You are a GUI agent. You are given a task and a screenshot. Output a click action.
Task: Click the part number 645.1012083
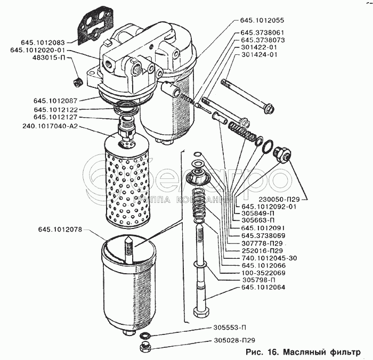pos(43,43)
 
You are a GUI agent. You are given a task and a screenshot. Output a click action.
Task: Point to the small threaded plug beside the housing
pos(77,82)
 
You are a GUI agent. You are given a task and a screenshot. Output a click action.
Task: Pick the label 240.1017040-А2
pos(50,126)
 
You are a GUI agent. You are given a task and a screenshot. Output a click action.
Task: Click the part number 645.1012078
pos(60,230)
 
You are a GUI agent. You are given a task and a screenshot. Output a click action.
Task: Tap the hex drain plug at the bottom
pos(145,347)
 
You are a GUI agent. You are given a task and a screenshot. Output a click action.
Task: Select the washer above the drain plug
pos(144,336)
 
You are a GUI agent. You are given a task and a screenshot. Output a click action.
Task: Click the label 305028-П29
pos(234,340)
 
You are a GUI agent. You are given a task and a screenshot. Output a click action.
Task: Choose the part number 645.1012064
pos(263,287)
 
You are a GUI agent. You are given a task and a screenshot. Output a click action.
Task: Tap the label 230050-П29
pos(279,200)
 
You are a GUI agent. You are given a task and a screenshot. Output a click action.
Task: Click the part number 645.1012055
pos(262,20)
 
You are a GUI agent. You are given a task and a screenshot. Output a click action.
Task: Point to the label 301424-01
pos(260,55)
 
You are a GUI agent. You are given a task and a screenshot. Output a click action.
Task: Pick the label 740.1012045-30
pos(269,258)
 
